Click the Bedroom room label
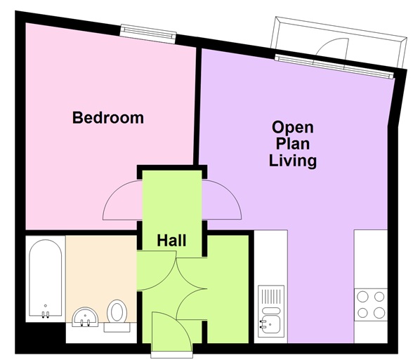[108, 117]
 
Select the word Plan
[293, 145]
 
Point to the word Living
[293, 161]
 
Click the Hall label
[171, 241]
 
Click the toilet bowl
[118, 310]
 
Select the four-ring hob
[371, 304]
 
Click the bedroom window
[147, 31]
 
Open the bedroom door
[122, 201]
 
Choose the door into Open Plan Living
[223, 201]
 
